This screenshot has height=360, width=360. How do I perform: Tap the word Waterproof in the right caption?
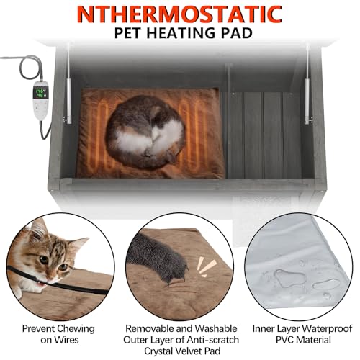pos(310,329)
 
